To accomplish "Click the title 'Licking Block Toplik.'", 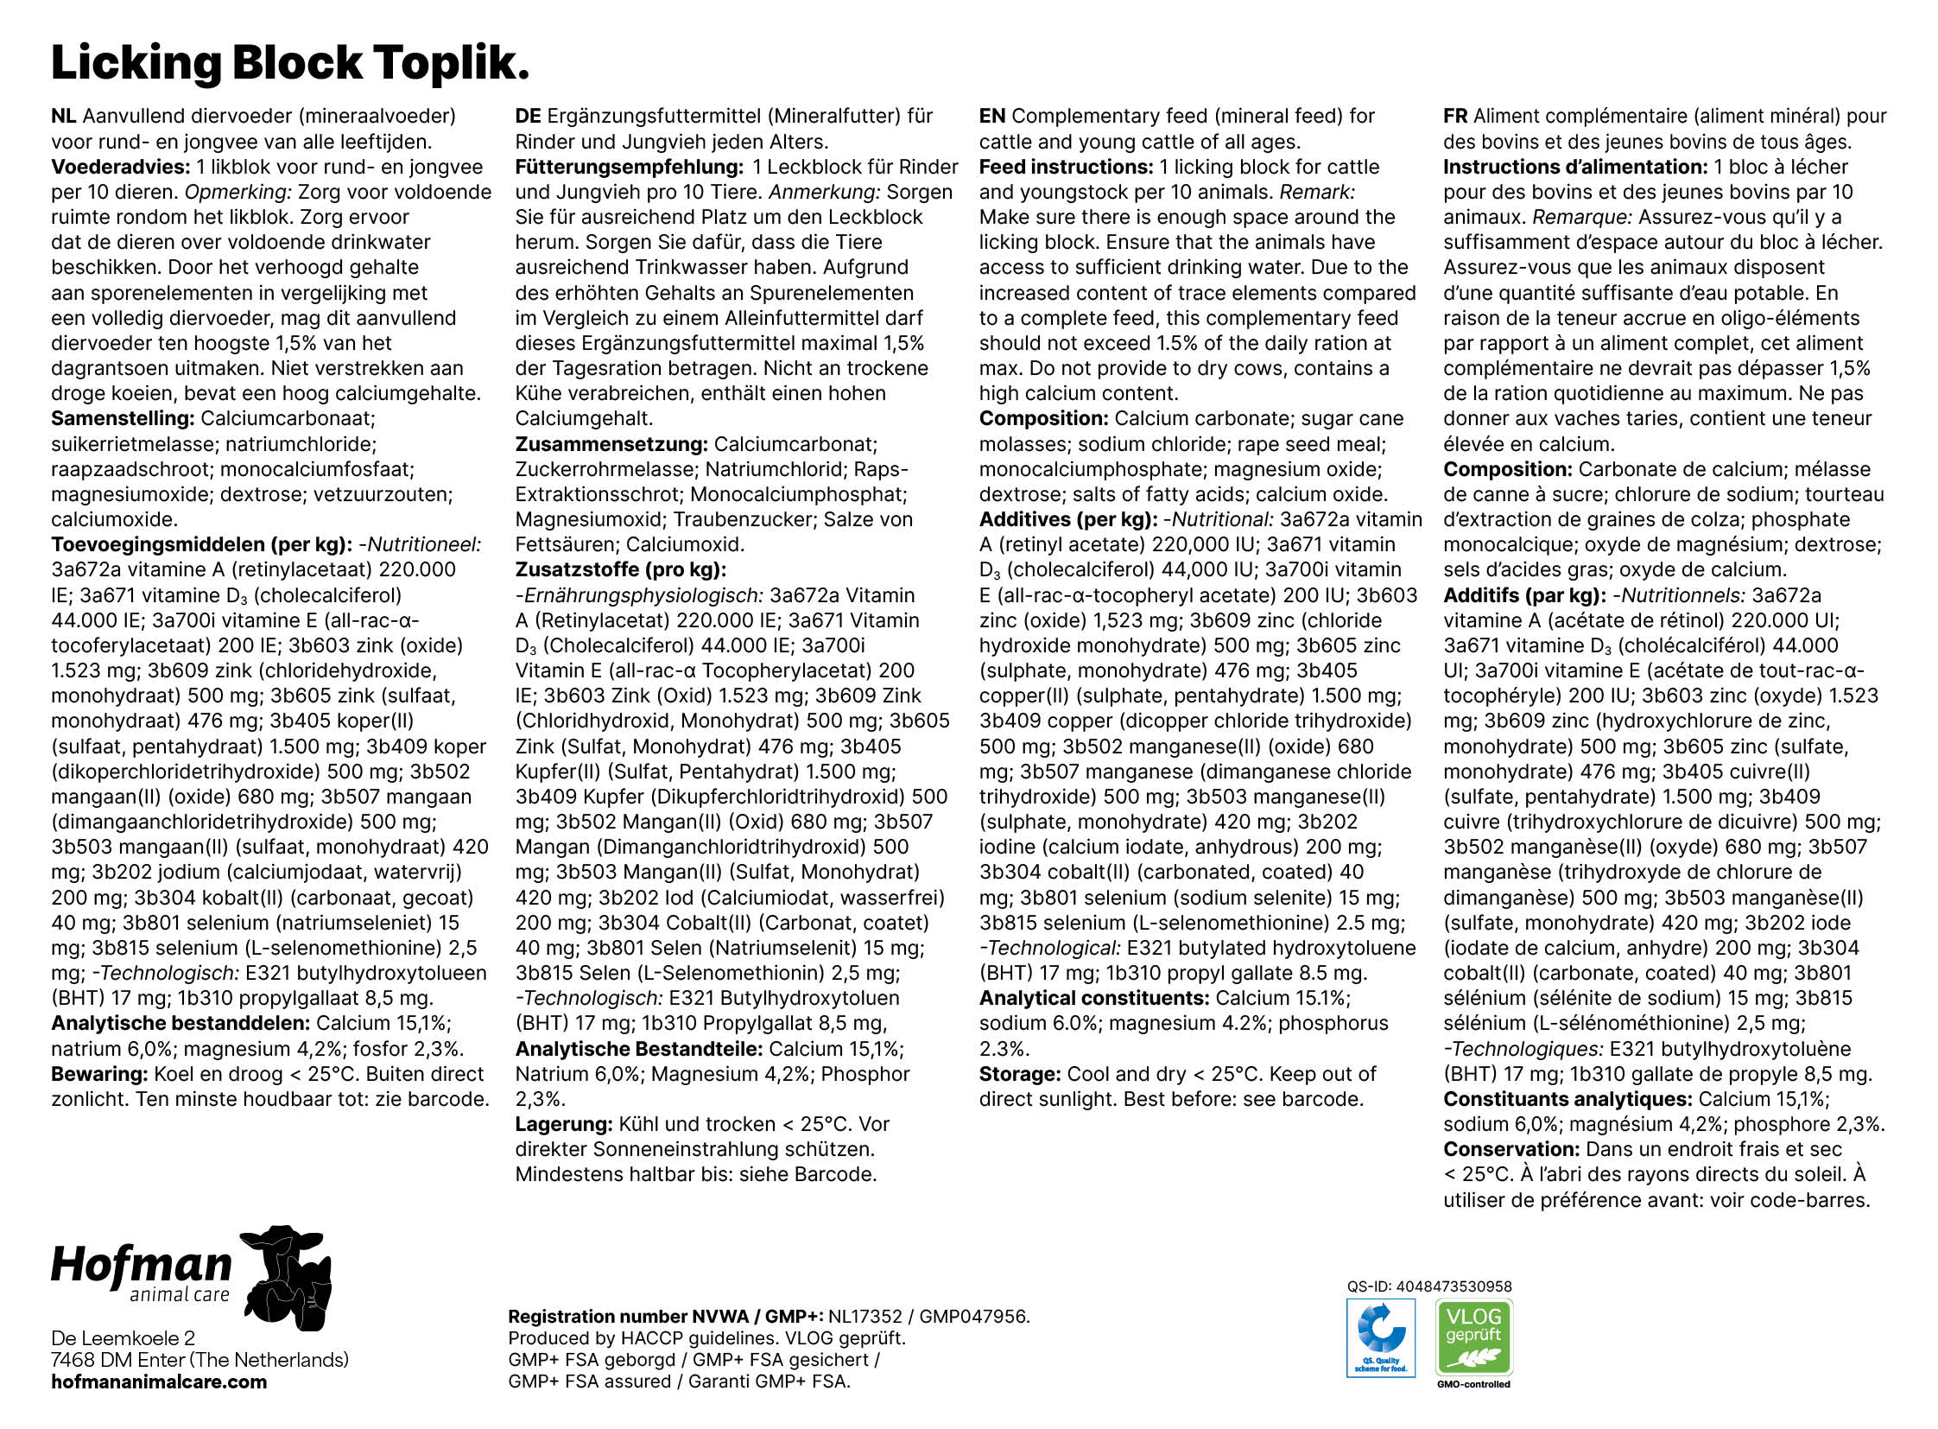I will tap(289, 62).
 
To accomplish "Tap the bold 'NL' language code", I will tap(63, 116).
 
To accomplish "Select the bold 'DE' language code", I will tap(528, 116).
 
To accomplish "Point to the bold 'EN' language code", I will tap(992, 116).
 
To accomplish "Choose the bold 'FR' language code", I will tap(1455, 116).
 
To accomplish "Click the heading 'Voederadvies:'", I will tap(120, 167).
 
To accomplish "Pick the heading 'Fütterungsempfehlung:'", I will tap(629, 167).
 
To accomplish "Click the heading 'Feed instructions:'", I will tap(1066, 167).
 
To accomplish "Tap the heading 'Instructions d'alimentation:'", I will tap(1574, 167).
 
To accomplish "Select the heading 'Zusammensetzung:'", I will tap(611, 444).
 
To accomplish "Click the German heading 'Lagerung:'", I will tap(564, 1125).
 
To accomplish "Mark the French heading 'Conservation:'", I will tap(1511, 1150).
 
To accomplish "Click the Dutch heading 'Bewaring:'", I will tap(99, 1075).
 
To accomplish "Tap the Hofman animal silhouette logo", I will tap(285, 1276).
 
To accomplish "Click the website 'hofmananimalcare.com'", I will tap(159, 1381).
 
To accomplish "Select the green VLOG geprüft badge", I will tap(1473, 1337).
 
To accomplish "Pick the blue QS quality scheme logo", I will tap(1380, 1337).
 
